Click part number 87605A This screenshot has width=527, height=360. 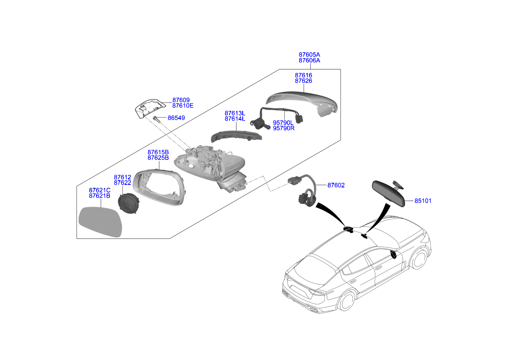[x=309, y=55]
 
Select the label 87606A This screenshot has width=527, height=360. [x=309, y=61]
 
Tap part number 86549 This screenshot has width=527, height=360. [x=176, y=118]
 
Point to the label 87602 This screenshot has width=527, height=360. [x=336, y=185]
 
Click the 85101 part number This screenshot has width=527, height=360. [x=423, y=201]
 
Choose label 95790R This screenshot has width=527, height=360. [x=283, y=128]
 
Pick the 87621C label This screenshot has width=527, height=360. [x=99, y=190]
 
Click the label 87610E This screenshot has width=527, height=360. [x=183, y=106]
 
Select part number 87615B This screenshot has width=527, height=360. [x=158, y=152]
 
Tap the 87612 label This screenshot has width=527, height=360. [x=122, y=177]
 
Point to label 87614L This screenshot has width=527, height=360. [x=235, y=119]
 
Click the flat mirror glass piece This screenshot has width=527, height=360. [x=101, y=222]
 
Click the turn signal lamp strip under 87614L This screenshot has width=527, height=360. [x=236, y=136]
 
